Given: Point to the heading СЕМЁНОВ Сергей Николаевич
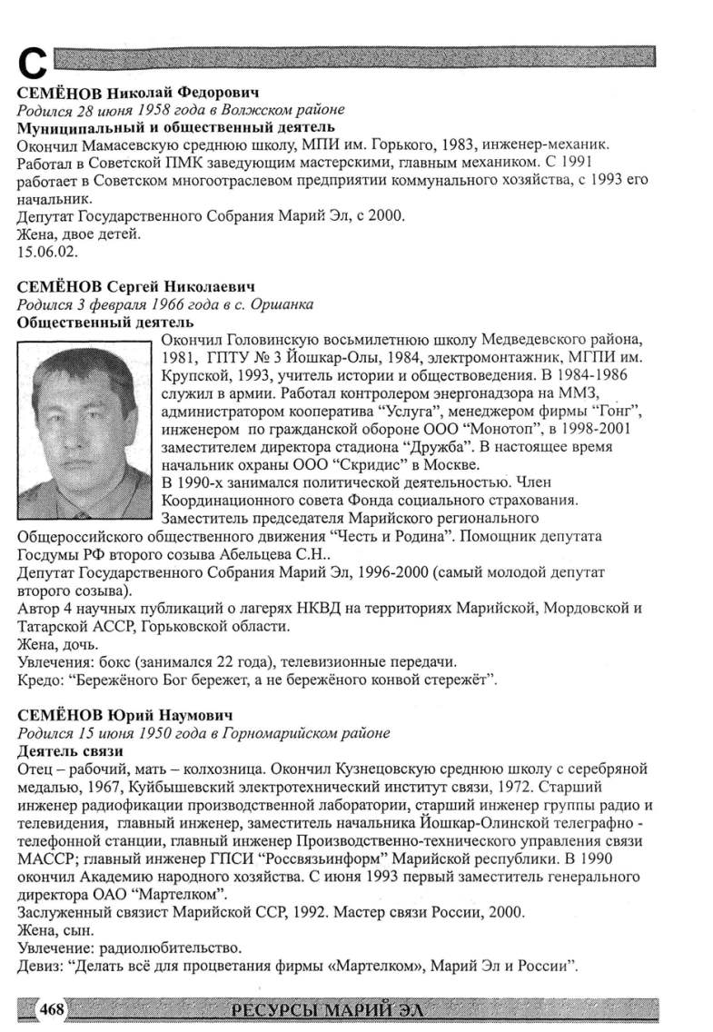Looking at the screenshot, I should pos(135,288).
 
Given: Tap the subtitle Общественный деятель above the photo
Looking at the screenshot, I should pos(105,322).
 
